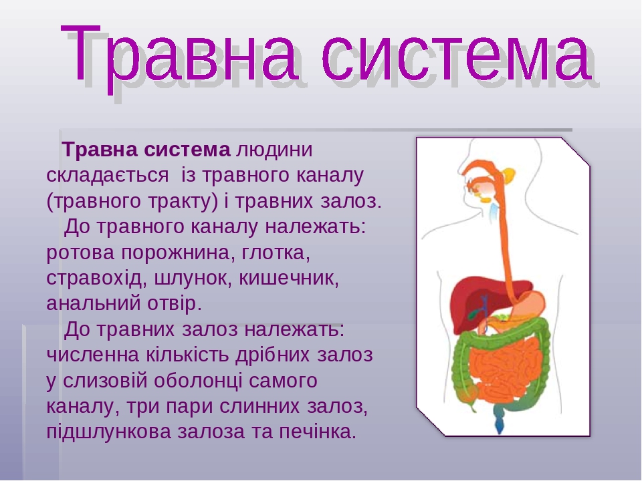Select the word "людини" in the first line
pyautogui.click(x=274, y=150)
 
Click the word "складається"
pyautogui.click(x=107, y=176)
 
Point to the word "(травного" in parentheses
pyautogui.click(x=95, y=202)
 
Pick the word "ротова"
pyautogui.click(x=80, y=253)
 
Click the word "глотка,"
pyautogui.click(x=276, y=253)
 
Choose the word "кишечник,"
pyautogui.click(x=289, y=279)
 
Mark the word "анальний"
pyautogui.click(x=92, y=303)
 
